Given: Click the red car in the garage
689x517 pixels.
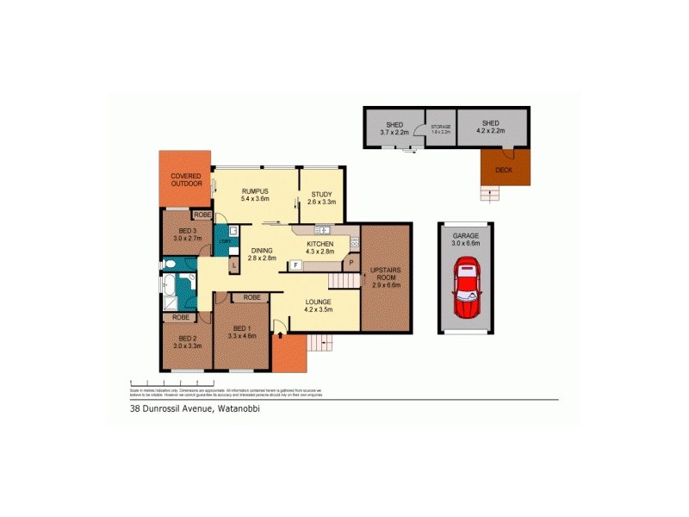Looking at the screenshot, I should point(466,287).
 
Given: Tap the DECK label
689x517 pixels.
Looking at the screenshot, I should point(503,170).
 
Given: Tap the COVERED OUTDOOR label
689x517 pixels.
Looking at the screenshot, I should point(186,179).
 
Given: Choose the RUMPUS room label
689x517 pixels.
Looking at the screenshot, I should point(255,195).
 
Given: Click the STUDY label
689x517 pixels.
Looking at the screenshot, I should point(320,198).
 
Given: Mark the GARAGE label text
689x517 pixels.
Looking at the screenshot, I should point(465,239).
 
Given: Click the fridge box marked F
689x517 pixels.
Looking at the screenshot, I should point(295,265).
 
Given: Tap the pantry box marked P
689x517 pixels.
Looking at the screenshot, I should point(351,261).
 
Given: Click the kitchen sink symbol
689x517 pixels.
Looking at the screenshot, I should point(324,230).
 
